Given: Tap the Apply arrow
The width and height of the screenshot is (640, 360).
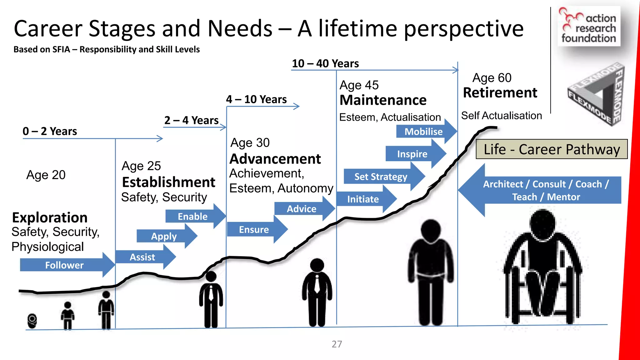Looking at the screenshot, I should (164, 236).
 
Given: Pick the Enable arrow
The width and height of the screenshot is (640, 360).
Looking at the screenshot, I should (193, 216).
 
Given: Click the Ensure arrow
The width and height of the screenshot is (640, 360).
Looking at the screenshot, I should (254, 230).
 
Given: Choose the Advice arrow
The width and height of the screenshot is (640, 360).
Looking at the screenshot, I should (302, 209).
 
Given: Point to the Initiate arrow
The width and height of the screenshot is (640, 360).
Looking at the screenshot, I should (363, 199).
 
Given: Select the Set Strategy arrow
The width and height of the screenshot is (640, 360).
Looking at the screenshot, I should (381, 177).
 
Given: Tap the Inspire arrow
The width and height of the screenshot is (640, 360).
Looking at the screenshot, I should (412, 154).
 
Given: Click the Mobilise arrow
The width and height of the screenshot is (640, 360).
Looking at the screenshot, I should (424, 132).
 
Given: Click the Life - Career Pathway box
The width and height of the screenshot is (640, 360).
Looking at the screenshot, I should (552, 149).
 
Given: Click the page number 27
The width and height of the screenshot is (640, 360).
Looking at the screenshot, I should (337, 344).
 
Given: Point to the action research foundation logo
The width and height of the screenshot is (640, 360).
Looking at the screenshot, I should (588, 27).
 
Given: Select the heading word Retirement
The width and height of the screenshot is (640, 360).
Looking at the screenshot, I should (500, 93).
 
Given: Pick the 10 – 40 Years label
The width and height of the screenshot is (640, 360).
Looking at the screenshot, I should (325, 63).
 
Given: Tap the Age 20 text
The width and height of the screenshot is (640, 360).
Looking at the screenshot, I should (46, 175).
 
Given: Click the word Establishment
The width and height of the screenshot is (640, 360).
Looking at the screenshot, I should (168, 182).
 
